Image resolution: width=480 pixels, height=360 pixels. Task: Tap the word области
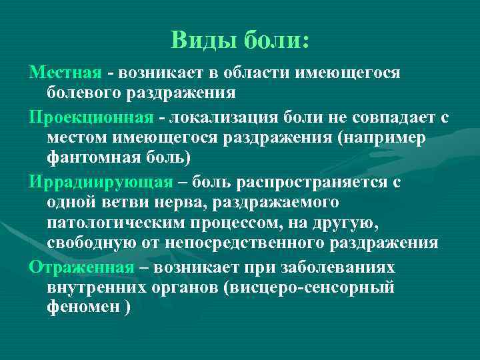click(x=241, y=71)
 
